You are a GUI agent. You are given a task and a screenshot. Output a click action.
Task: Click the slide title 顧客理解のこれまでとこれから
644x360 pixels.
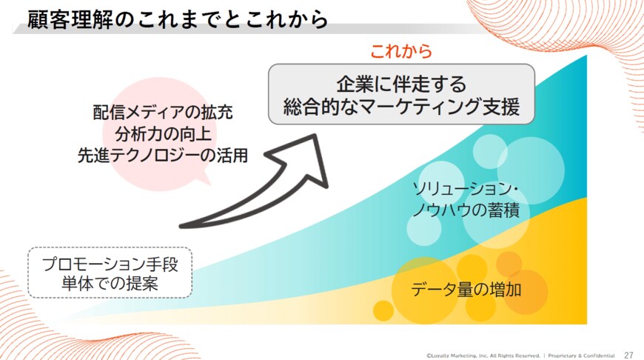coord(178,19)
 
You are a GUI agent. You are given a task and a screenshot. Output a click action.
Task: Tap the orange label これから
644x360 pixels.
coord(400,52)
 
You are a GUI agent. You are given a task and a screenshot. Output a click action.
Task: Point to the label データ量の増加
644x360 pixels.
coord(466,289)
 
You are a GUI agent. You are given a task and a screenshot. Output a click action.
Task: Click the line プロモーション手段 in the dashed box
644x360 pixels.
coord(110,264)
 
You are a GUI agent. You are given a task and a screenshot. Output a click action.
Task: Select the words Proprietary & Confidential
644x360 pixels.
coord(581,355)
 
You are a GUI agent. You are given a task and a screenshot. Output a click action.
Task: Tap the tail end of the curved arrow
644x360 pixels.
coord(185,224)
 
